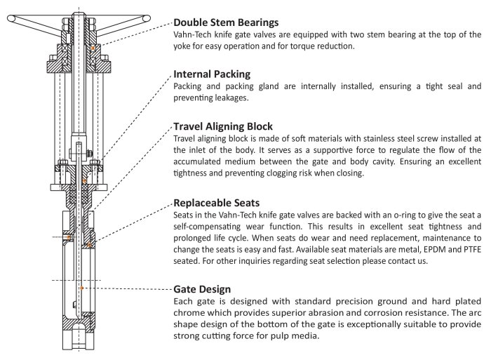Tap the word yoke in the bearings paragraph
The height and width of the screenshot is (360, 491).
pyautogui.click(x=184, y=46)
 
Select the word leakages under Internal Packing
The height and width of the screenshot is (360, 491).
pyautogui.click(x=229, y=98)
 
